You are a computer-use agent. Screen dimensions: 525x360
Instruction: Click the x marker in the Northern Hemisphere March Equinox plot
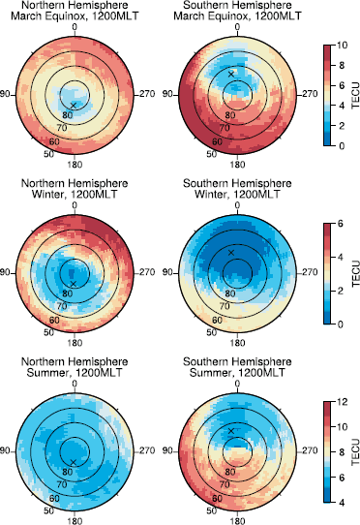tap(74, 104)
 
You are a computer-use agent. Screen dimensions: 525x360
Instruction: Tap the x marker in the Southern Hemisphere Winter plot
tap(231, 252)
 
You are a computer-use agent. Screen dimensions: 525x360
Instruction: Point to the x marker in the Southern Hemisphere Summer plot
tap(230, 430)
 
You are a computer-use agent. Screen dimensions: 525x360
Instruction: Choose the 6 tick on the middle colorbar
tap(342, 222)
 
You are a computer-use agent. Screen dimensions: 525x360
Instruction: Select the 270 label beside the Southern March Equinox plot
tap(310, 94)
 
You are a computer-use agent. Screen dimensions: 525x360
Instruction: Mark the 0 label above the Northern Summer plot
tap(75, 383)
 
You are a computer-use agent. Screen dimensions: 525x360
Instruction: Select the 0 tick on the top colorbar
tap(342, 145)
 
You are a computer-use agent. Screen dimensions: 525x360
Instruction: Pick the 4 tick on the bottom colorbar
tap(342, 503)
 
